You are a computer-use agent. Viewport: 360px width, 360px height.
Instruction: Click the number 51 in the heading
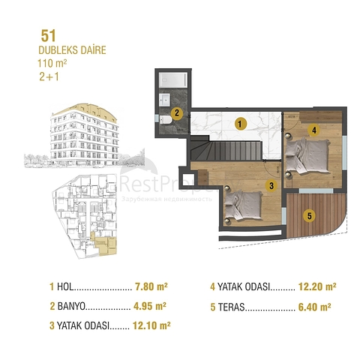[x=46, y=34]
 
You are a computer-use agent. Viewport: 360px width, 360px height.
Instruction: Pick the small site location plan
[x=82, y=213]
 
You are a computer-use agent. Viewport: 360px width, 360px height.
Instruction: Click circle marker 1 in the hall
[x=239, y=122]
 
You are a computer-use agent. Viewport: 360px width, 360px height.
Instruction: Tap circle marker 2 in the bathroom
[x=175, y=115]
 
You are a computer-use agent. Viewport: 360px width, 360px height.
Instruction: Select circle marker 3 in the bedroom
[x=271, y=184]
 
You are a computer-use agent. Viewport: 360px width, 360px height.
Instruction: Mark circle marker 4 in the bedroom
[x=315, y=130]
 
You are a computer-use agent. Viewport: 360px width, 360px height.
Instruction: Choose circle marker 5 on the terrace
[x=309, y=216]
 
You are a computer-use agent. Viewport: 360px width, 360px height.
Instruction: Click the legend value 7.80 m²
[x=150, y=286]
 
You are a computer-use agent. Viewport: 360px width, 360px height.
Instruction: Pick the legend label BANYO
[x=72, y=306]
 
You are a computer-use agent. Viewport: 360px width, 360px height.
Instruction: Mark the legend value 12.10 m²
[x=150, y=325]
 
